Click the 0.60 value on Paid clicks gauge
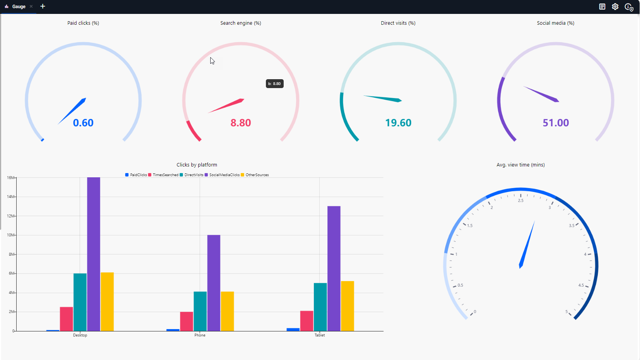pos(83,123)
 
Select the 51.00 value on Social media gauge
pos(555,123)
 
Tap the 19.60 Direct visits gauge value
pos(398,123)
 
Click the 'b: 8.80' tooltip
pos(274,84)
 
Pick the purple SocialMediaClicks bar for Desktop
pos(94,254)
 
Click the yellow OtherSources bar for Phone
pos(227,311)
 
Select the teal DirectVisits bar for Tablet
pos(320,307)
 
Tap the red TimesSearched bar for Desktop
pos(66,319)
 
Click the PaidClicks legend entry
pos(136,175)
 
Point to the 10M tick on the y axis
pos(10,235)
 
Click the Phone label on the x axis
pos(200,335)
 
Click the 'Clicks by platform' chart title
pos(197,165)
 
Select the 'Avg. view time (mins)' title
pos(521,165)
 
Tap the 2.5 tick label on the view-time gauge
pos(521,200)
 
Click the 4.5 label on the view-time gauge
pos(581,285)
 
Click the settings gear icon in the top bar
pos(615,7)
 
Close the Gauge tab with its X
pos(31,7)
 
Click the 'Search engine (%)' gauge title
pos(240,23)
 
